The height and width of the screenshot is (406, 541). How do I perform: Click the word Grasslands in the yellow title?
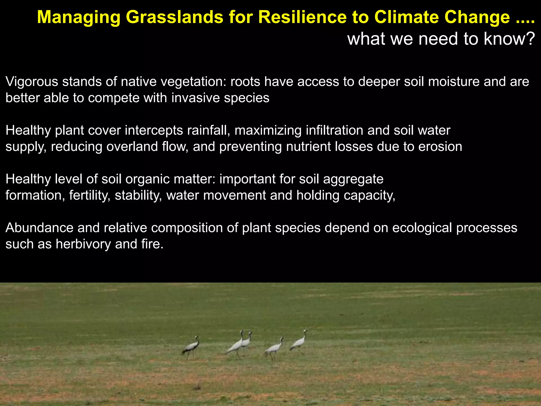pyautogui.click(x=174, y=17)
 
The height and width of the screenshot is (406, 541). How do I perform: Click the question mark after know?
pyautogui.click(x=530, y=39)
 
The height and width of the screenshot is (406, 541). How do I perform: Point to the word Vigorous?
pyautogui.click(x=32, y=82)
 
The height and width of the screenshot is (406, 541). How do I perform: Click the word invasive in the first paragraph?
pyautogui.click(x=195, y=98)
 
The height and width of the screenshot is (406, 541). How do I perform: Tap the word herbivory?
pyautogui.click(x=83, y=244)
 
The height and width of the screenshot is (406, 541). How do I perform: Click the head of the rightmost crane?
pyautogui.click(x=305, y=331)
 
